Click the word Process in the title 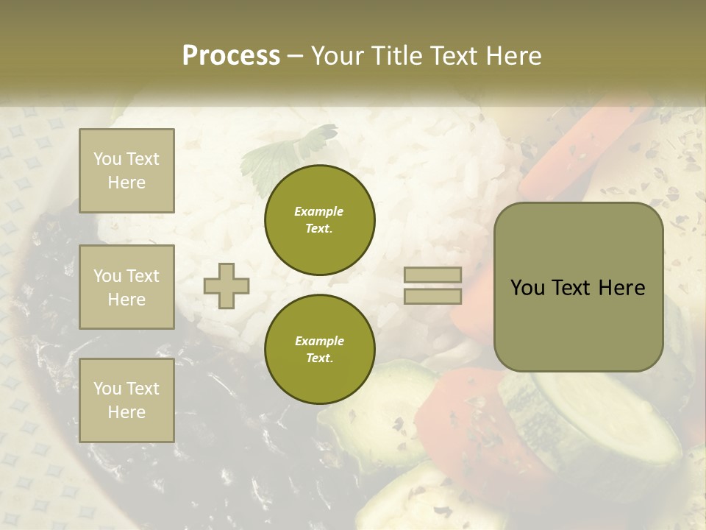(231, 56)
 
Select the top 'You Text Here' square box (126, 171)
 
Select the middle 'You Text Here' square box (126, 287)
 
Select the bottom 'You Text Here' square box (126, 400)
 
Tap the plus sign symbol (227, 285)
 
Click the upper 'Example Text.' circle (319, 220)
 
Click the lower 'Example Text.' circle (319, 350)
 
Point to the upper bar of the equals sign (432, 275)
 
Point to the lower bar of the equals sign (432, 296)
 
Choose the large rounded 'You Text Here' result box (578, 287)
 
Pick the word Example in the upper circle (319, 211)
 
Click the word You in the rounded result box (527, 288)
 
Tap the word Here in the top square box (126, 183)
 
